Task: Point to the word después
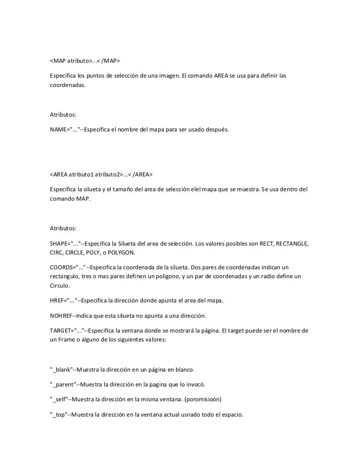point(216,129)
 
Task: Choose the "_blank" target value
point(61,369)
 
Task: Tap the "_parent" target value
point(63,384)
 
